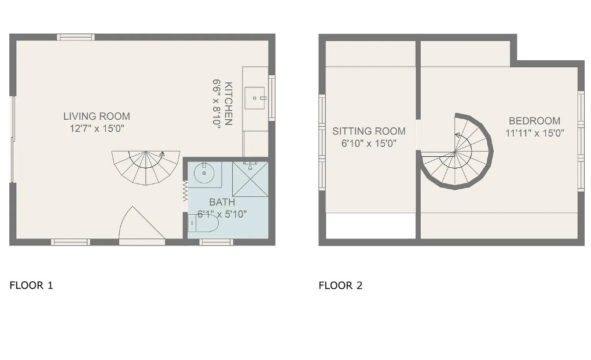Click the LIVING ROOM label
[97, 116]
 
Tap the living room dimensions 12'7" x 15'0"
[97, 128]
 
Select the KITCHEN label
[229, 103]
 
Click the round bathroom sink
[204, 173]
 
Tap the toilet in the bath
[203, 223]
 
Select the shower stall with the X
[250, 179]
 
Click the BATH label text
[222, 202]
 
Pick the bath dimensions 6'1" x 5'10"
[222, 214]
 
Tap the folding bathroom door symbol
[185, 191]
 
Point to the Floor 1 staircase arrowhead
[162, 153]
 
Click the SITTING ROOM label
[369, 131]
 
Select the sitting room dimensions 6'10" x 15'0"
[369, 144]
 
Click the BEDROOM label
[534, 121]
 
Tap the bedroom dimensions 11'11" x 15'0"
[534, 133]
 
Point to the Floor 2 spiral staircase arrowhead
[457, 135]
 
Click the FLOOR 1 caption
[31, 285]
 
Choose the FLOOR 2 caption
[340, 285]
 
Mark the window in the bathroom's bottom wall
[216, 242]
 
